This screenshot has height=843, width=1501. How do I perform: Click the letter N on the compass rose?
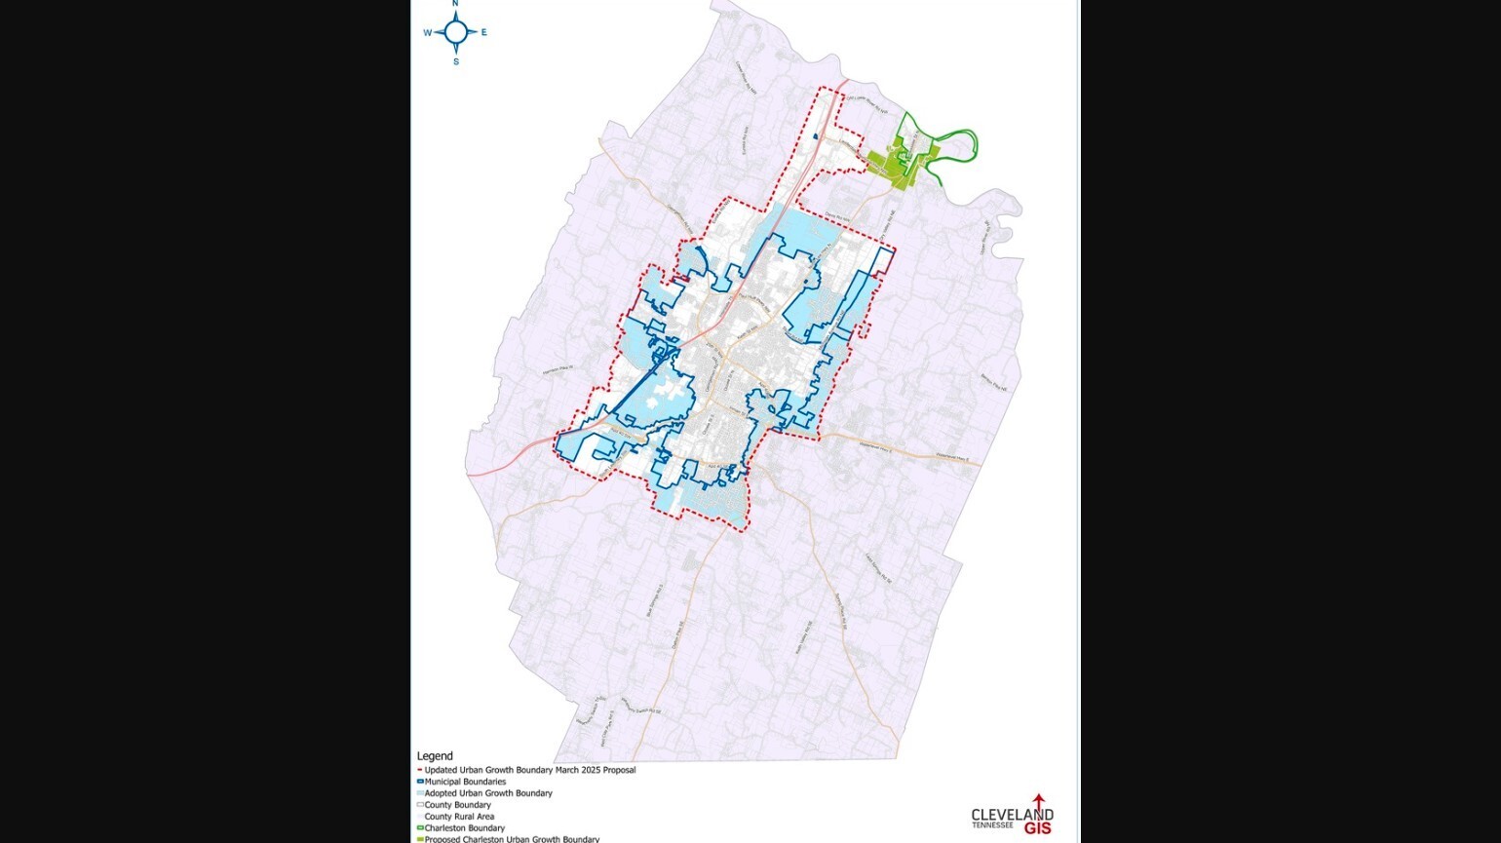click(455, 4)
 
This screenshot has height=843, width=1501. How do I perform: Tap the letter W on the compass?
click(427, 33)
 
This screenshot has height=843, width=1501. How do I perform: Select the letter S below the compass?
click(455, 61)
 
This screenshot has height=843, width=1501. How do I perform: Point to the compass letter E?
click(483, 32)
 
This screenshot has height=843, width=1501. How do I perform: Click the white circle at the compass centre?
click(455, 32)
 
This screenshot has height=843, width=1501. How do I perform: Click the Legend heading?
click(435, 756)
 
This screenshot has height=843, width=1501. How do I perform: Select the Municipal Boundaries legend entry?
click(465, 782)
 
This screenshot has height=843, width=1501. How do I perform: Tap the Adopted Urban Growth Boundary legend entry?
click(487, 793)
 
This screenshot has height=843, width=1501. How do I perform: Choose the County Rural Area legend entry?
click(459, 817)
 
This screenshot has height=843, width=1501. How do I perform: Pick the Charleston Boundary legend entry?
click(464, 828)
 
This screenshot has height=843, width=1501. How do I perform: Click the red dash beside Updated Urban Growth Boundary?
click(419, 770)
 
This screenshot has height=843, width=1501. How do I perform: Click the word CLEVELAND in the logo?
click(1012, 815)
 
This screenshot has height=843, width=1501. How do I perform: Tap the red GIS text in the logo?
click(1038, 829)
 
